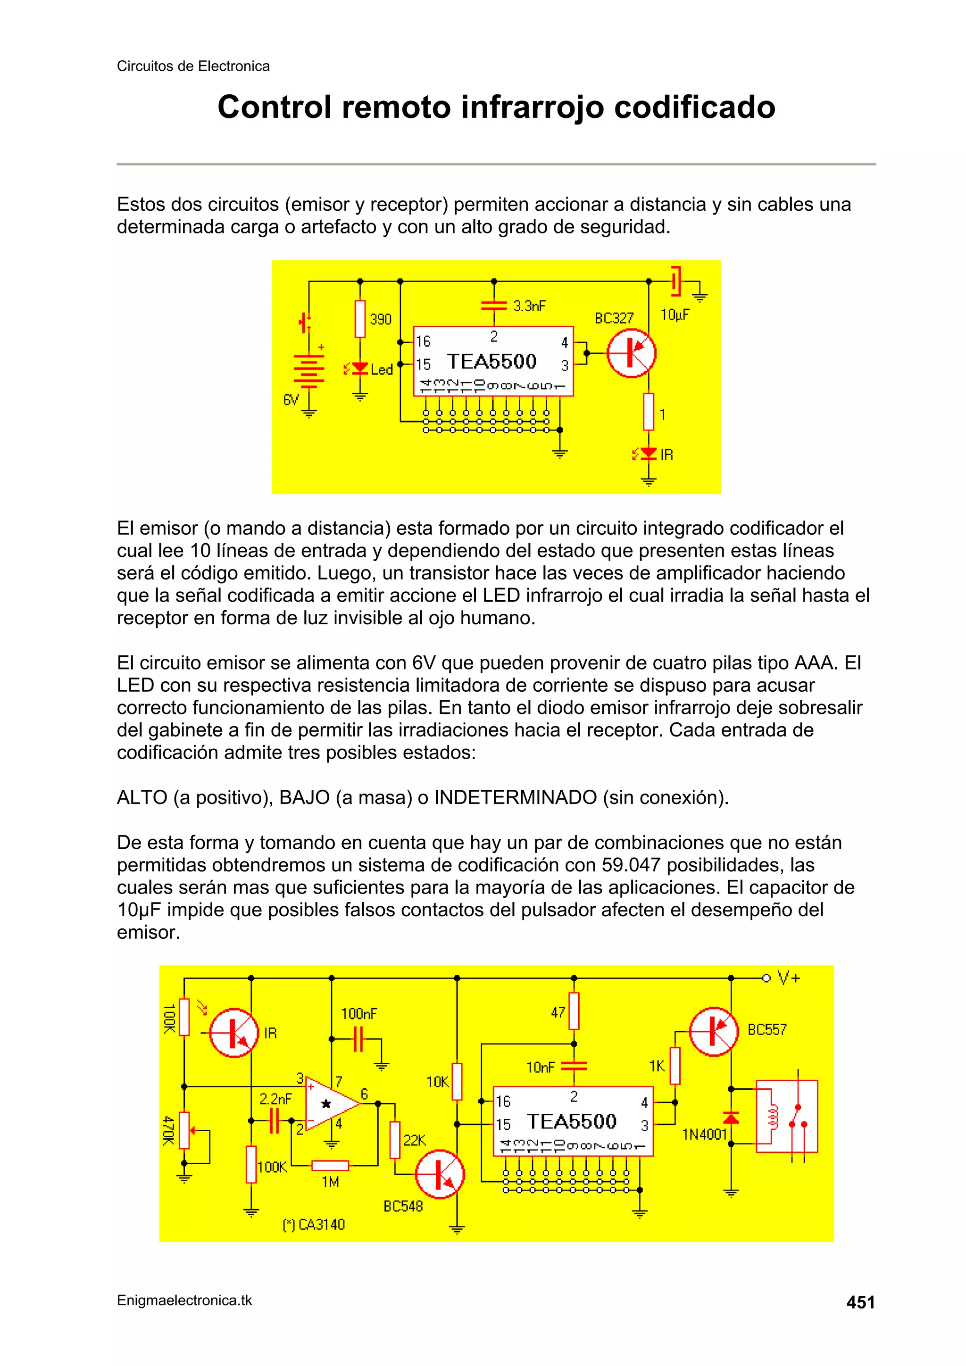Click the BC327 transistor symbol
pos(632,353)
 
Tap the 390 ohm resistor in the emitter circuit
pos(359,319)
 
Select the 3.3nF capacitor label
pos(529,306)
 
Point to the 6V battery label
pos(291,400)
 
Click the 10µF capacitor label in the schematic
pos(675,315)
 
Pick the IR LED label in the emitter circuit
pos(666,455)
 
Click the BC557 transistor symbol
pos(713,1031)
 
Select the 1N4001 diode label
pos(704,1134)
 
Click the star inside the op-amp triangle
pos(326,1104)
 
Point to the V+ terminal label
pos(789,977)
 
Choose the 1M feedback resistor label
pos(330,1182)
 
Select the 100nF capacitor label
pos(359,1013)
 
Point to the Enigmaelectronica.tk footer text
pos(184,1300)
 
